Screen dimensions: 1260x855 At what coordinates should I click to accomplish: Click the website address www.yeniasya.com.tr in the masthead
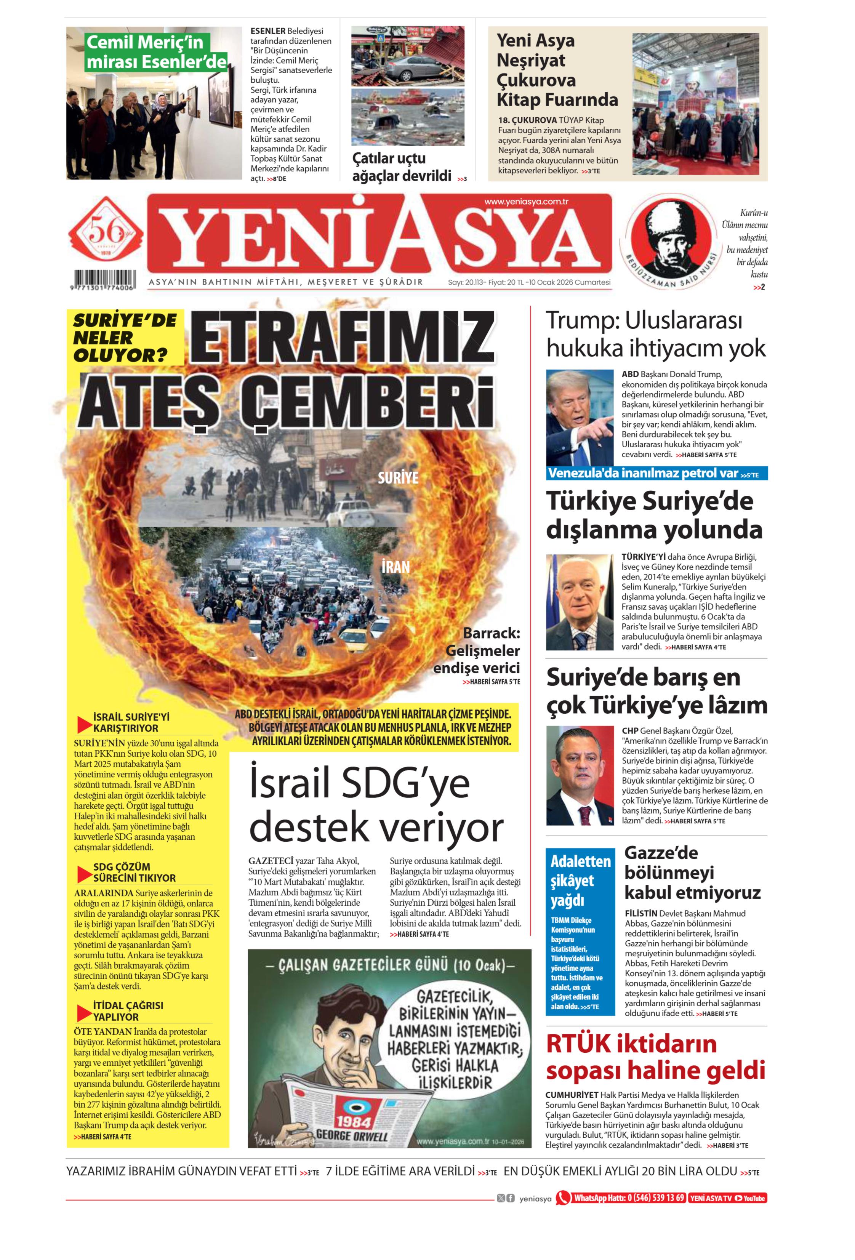(526, 202)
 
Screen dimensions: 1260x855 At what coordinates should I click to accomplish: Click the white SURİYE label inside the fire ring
(398, 478)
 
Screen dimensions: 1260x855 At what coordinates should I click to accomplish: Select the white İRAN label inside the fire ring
(395, 567)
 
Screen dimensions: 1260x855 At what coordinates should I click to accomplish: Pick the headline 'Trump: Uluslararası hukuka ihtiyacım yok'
(655, 335)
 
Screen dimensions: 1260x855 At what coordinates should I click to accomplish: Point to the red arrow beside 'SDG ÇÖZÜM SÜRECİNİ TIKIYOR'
(84, 874)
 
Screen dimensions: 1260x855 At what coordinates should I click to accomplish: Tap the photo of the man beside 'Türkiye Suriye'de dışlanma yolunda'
(579, 602)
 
